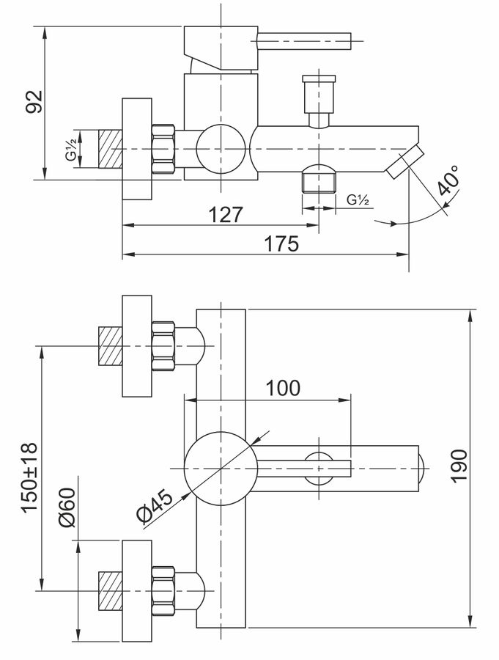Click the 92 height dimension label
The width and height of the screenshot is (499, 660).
[x=34, y=101]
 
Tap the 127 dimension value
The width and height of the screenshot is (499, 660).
[x=226, y=215]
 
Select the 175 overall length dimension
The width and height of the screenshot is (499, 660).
[x=281, y=244]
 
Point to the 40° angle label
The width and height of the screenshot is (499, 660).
[x=448, y=180]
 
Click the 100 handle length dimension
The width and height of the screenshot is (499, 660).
[x=283, y=388]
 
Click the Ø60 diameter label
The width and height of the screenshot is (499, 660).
[x=67, y=507]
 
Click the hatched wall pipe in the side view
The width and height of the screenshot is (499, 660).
[x=110, y=150]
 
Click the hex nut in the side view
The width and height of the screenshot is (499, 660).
[x=163, y=150]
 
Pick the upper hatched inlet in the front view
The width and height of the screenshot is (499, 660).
[x=110, y=346]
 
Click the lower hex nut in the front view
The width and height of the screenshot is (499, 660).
[x=163, y=591]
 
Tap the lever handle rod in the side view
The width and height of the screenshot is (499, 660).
[x=303, y=41]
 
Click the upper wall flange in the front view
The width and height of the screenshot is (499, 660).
[x=137, y=346]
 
